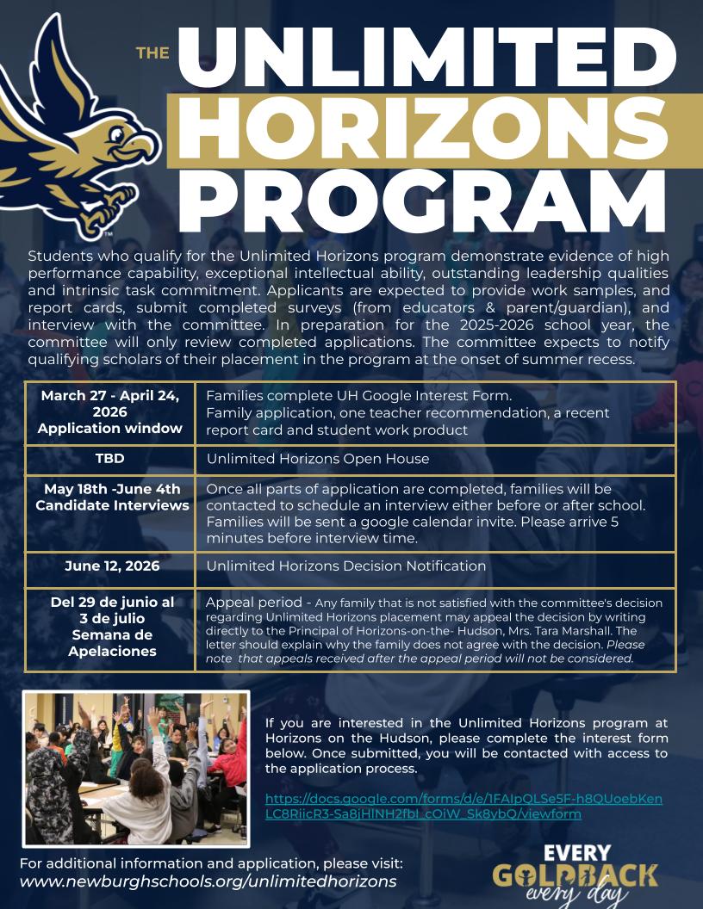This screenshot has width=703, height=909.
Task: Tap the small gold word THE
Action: [x=152, y=53]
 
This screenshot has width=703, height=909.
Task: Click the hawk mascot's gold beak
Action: [x=147, y=147]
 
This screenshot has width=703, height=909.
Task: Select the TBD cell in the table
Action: [x=110, y=459]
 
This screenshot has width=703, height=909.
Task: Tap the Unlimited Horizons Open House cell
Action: [x=318, y=459]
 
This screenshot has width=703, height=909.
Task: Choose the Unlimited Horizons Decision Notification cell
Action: [x=346, y=566]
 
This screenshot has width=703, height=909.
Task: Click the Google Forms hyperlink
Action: [x=463, y=806]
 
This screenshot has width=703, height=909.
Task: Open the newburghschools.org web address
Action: [x=208, y=881]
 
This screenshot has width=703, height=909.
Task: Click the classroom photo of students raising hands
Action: [x=136, y=768]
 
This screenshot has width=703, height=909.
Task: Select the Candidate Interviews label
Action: [x=112, y=505]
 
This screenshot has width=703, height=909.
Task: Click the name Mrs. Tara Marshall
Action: [x=552, y=631]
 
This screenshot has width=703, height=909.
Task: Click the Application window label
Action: [x=110, y=428]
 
